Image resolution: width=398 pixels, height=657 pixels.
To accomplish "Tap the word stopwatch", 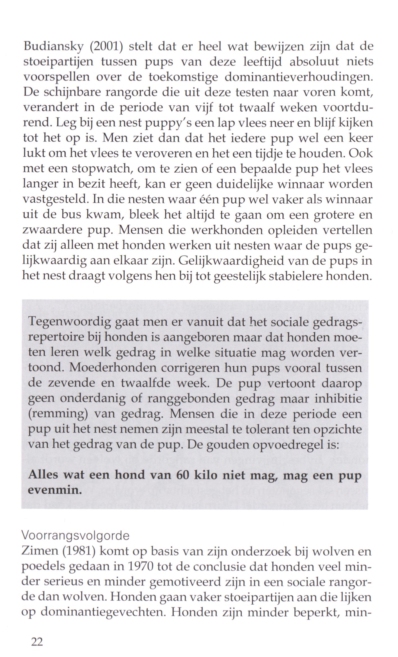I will tap(101, 169).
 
